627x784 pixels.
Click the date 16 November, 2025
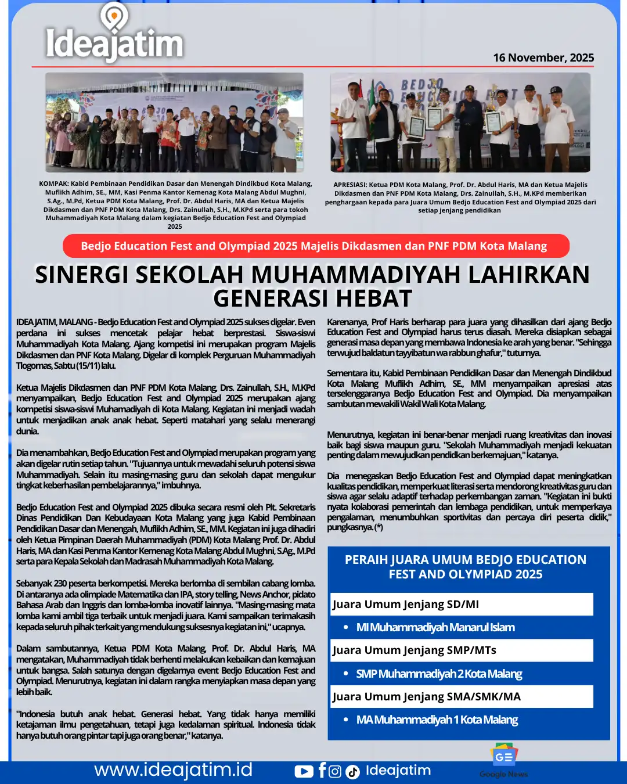pyautogui.click(x=543, y=57)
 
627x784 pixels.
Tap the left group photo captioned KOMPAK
pyautogui.click(x=175, y=123)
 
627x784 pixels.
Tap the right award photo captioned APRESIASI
pyautogui.click(x=460, y=123)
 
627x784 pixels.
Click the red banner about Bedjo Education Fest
pyautogui.click(x=316, y=246)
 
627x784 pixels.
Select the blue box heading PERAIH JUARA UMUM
pyautogui.click(x=466, y=567)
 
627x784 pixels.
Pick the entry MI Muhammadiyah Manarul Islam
pyautogui.click(x=435, y=627)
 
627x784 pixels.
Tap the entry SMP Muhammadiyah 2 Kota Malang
pyautogui.click(x=439, y=674)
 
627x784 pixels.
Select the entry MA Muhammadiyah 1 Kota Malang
pyautogui.click(x=437, y=720)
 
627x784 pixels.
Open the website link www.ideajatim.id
pyautogui.click(x=173, y=770)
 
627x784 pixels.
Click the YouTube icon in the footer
pyautogui.click(x=304, y=771)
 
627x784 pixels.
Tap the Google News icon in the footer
pyautogui.click(x=503, y=758)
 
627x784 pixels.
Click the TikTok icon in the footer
pyautogui.click(x=352, y=772)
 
